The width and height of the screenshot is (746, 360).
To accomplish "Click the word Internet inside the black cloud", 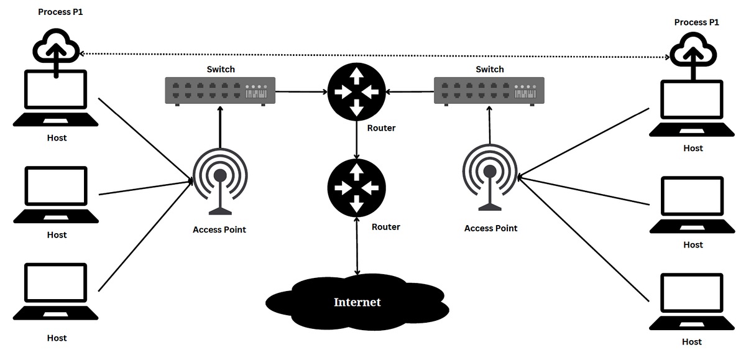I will (357, 302).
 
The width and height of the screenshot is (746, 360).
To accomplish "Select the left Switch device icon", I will (220, 90).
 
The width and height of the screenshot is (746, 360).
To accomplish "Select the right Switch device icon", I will (489, 90).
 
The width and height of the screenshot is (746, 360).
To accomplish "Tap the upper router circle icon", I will (356, 91).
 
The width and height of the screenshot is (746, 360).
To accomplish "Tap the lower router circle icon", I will (356, 187).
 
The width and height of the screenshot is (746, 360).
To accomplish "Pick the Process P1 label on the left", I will (60, 12).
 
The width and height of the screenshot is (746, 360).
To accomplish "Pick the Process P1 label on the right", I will (696, 22).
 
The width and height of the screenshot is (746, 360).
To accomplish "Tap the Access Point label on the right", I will (490, 228).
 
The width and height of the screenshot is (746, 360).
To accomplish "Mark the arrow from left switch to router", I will (301, 91).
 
